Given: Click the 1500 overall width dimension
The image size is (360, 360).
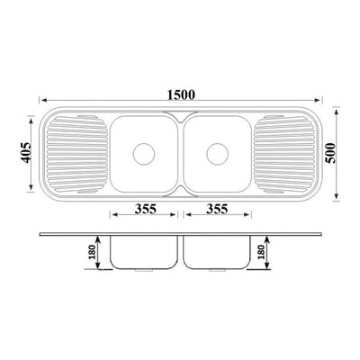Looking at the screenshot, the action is click(181, 94).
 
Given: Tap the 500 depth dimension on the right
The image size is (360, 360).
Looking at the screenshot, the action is click(331, 153).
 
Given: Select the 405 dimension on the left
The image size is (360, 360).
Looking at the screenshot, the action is click(25, 153).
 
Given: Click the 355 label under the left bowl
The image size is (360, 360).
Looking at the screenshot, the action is click(145, 209).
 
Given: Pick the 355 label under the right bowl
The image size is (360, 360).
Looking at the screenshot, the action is click(217, 209).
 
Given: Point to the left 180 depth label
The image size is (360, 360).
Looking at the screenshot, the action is click(92, 252).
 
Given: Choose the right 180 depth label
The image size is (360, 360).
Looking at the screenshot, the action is click(261, 252).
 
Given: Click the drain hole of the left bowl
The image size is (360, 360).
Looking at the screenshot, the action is click(144, 154).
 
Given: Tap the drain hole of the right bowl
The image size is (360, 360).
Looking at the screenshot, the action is click(218, 154).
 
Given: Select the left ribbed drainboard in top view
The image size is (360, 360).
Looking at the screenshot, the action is click(76, 154).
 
